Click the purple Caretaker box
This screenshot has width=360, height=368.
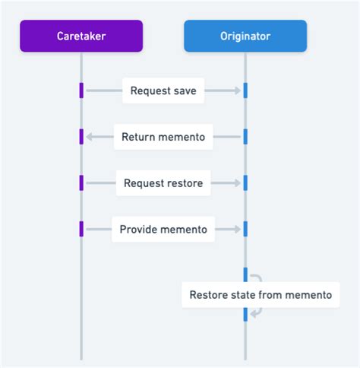pos(81,36)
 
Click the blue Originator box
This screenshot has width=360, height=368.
pos(245,36)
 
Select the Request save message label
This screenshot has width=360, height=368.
pos(163,91)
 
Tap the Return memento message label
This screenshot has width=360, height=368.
pos(163,138)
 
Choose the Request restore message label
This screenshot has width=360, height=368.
pos(163,183)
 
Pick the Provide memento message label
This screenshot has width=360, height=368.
pos(163,229)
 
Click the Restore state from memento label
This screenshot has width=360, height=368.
pos(261,295)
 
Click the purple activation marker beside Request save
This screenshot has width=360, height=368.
pos(81,90)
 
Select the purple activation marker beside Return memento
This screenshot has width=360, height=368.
pos(81,137)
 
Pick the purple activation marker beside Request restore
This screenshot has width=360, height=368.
pos(81,182)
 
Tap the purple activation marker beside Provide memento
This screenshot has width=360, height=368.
pos(81,228)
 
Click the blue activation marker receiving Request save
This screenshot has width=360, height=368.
pos(245,90)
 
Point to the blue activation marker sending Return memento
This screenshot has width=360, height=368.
pos(245,137)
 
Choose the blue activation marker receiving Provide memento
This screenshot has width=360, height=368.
pos(245,228)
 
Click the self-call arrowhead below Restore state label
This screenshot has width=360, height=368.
pos(254,312)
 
